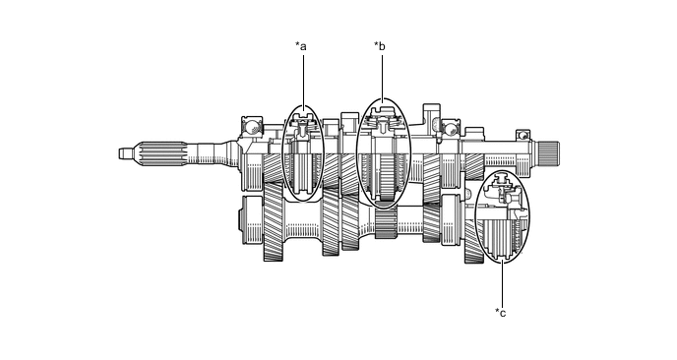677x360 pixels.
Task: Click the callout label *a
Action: (x=301, y=46)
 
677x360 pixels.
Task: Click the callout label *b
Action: (x=380, y=46)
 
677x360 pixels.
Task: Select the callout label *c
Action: (x=501, y=313)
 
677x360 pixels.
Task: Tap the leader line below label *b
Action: (x=382, y=77)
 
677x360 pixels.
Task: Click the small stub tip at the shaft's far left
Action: (x=125, y=153)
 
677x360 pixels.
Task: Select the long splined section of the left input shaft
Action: (x=162, y=153)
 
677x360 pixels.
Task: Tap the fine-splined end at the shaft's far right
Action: (x=547, y=152)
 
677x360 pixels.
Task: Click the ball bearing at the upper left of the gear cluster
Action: (x=252, y=127)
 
